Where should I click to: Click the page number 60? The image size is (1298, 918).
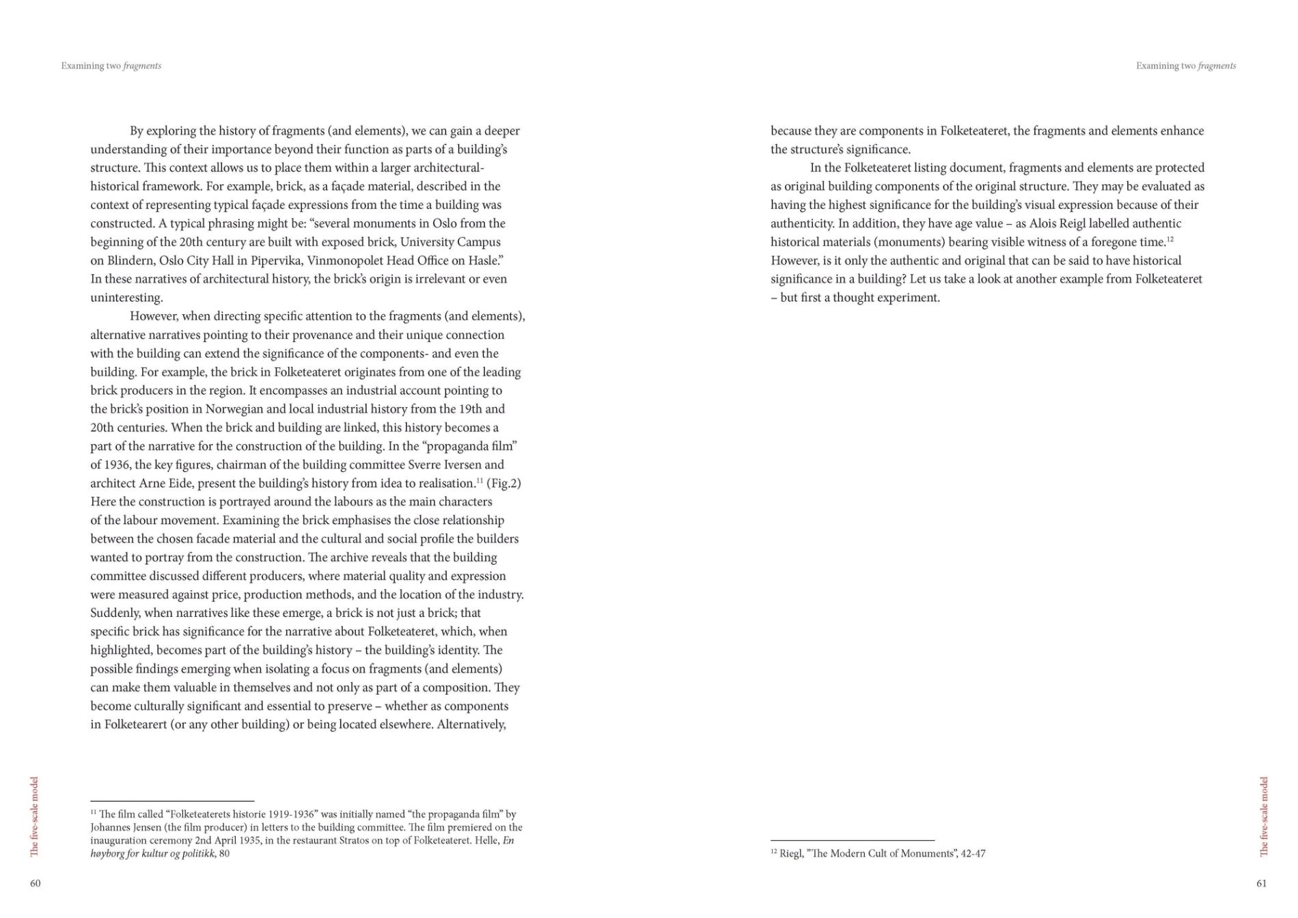(x=36, y=883)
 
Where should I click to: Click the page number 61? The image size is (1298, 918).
(x=1261, y=883)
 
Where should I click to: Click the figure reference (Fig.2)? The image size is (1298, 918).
(x=503, y=483)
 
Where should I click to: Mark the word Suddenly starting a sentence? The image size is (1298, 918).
(x=115, y=613)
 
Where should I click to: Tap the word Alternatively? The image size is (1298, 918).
(x=471, y=724)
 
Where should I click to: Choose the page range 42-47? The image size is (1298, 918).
(x=973, y=853)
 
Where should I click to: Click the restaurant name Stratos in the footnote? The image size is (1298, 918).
(x=356, y=840)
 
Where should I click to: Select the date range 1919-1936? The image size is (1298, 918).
(x=287, y=814)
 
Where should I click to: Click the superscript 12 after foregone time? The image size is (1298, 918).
(x=1170, y=239)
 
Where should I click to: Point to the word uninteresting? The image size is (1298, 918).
(x=126, y=298)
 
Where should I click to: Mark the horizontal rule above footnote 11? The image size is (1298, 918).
(x=172, y=801)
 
